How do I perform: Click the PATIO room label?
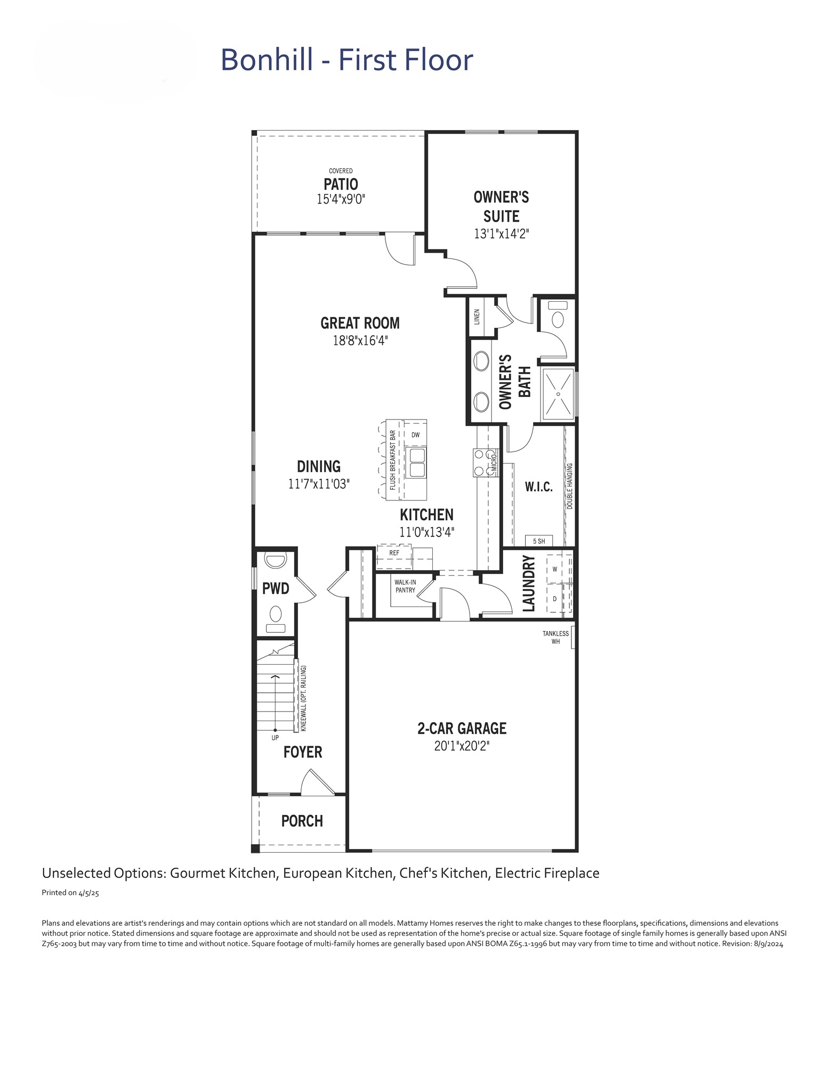[341, 184]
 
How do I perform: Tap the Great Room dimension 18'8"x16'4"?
[360, 340]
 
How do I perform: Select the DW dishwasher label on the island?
[416, 435]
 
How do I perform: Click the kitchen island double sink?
[416, 463]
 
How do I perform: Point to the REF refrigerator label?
[394, 553]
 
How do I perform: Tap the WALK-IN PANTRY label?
[405, 586]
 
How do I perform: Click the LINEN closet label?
[477, 317]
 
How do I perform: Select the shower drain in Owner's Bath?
[558, 394]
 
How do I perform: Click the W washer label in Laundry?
[554, 569]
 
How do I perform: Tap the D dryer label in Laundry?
[554, 599]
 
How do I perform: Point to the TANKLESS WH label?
[555, 637]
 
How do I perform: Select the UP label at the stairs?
[275, 738]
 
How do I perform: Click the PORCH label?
[302, 821]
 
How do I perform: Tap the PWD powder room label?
[276, 588]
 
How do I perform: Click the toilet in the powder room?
[276, 618]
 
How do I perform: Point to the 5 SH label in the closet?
[539, 541]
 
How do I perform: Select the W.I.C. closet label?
[539, 487]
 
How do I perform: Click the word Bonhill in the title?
[267, 59]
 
